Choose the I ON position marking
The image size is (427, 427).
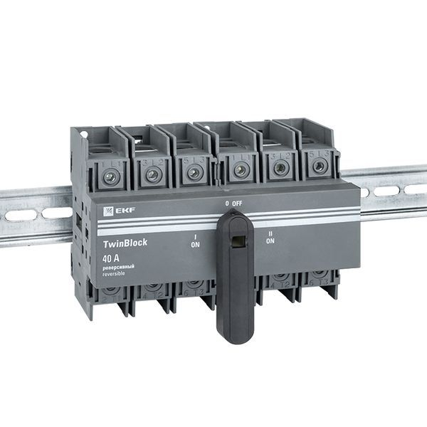click(x=195, y=240)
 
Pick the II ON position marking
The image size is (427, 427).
click(x=270, y=237)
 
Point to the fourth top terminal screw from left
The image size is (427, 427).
click(x=241, y=170)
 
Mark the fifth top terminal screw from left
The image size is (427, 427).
click(x=281, y=168)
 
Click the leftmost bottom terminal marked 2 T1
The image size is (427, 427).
click(x=110, y=291)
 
